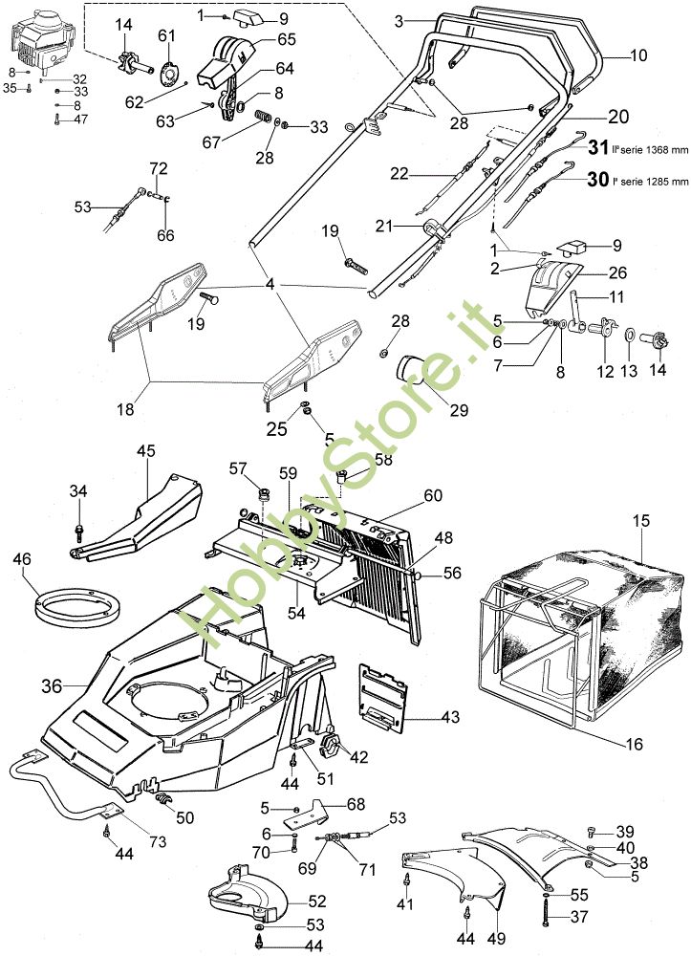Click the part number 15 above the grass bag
tap(640, 521)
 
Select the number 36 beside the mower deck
tap(52, 685)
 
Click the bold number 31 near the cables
tap(598, 148)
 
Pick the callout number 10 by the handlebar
tap(638, 55)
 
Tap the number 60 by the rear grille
tap(434, 495)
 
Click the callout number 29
tap(459, 410)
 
